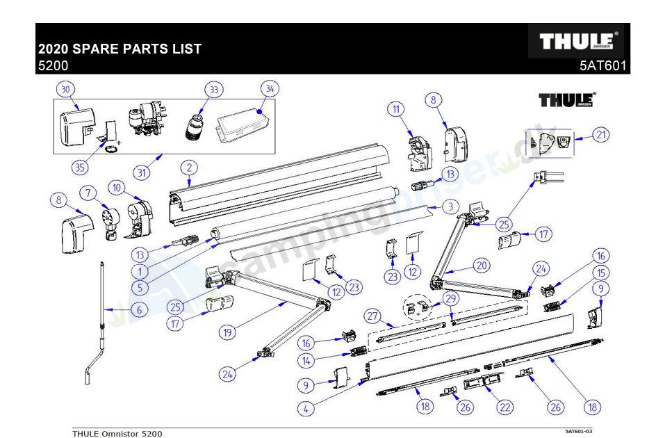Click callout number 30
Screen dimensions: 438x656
click(x=66, y=90)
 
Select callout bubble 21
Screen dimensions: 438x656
click(x=601, y=135)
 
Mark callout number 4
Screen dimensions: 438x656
click(x=306, y=409)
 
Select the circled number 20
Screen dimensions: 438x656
click(x=482, y=265)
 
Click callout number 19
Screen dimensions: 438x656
click(x=227, y=332)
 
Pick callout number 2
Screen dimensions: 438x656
click(x=188, y=168)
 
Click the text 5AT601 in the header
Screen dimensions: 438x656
click(x=603, y=66)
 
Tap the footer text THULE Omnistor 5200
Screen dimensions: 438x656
click(x=117, y=434)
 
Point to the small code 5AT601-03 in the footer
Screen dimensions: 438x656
click(x=577, y=431)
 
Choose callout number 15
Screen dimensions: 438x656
click(x=602, y=273)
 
